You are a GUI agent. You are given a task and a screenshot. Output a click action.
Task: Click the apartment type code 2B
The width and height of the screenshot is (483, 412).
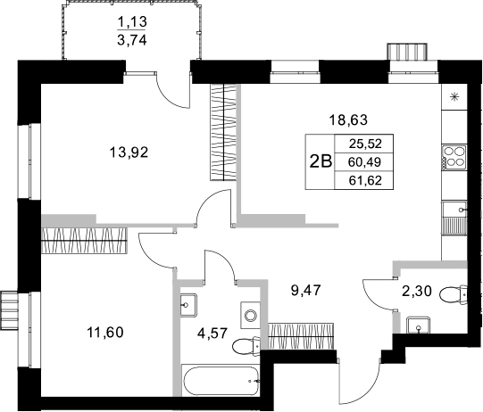pos(319,161)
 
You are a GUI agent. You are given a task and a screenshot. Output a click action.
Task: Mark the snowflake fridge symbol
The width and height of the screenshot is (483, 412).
pos(456,97)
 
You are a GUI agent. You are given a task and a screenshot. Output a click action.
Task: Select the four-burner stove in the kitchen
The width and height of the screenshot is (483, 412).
pos(455,157)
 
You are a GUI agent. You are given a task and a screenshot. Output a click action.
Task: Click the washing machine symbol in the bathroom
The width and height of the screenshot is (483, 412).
pos(251,315)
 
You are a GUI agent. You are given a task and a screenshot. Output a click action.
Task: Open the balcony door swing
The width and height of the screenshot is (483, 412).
pos(170,86)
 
